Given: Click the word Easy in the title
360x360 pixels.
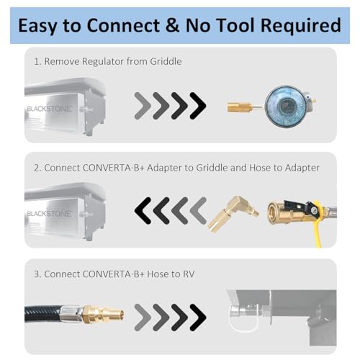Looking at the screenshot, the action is [37, 26].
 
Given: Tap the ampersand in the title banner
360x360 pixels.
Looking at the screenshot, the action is [172, 25].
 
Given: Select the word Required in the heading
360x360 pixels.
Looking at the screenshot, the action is [300, 26].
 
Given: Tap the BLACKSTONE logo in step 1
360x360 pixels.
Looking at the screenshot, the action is [49, 109].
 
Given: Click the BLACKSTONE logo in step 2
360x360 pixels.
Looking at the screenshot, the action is [49, 214].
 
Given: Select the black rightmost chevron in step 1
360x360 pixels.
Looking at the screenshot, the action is [198, 106].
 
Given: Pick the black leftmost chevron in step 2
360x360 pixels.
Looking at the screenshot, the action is [143, 211].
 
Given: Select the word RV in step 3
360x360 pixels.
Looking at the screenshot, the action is [189, 274].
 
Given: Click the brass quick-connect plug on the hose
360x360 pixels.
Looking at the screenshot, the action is [103, 313].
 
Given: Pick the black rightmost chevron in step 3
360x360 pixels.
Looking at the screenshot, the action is [198, 318].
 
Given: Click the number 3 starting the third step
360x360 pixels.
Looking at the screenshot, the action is [37, 274].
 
